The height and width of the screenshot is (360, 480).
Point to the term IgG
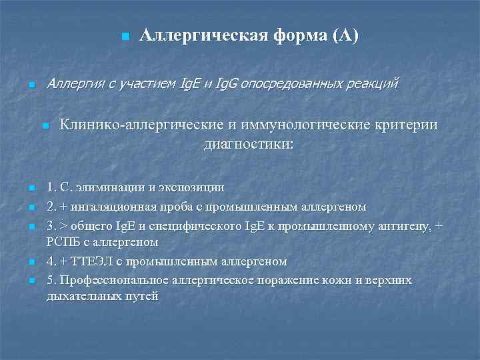click(x=227, y=84)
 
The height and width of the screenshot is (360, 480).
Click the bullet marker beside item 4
click(x=31, y=261)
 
